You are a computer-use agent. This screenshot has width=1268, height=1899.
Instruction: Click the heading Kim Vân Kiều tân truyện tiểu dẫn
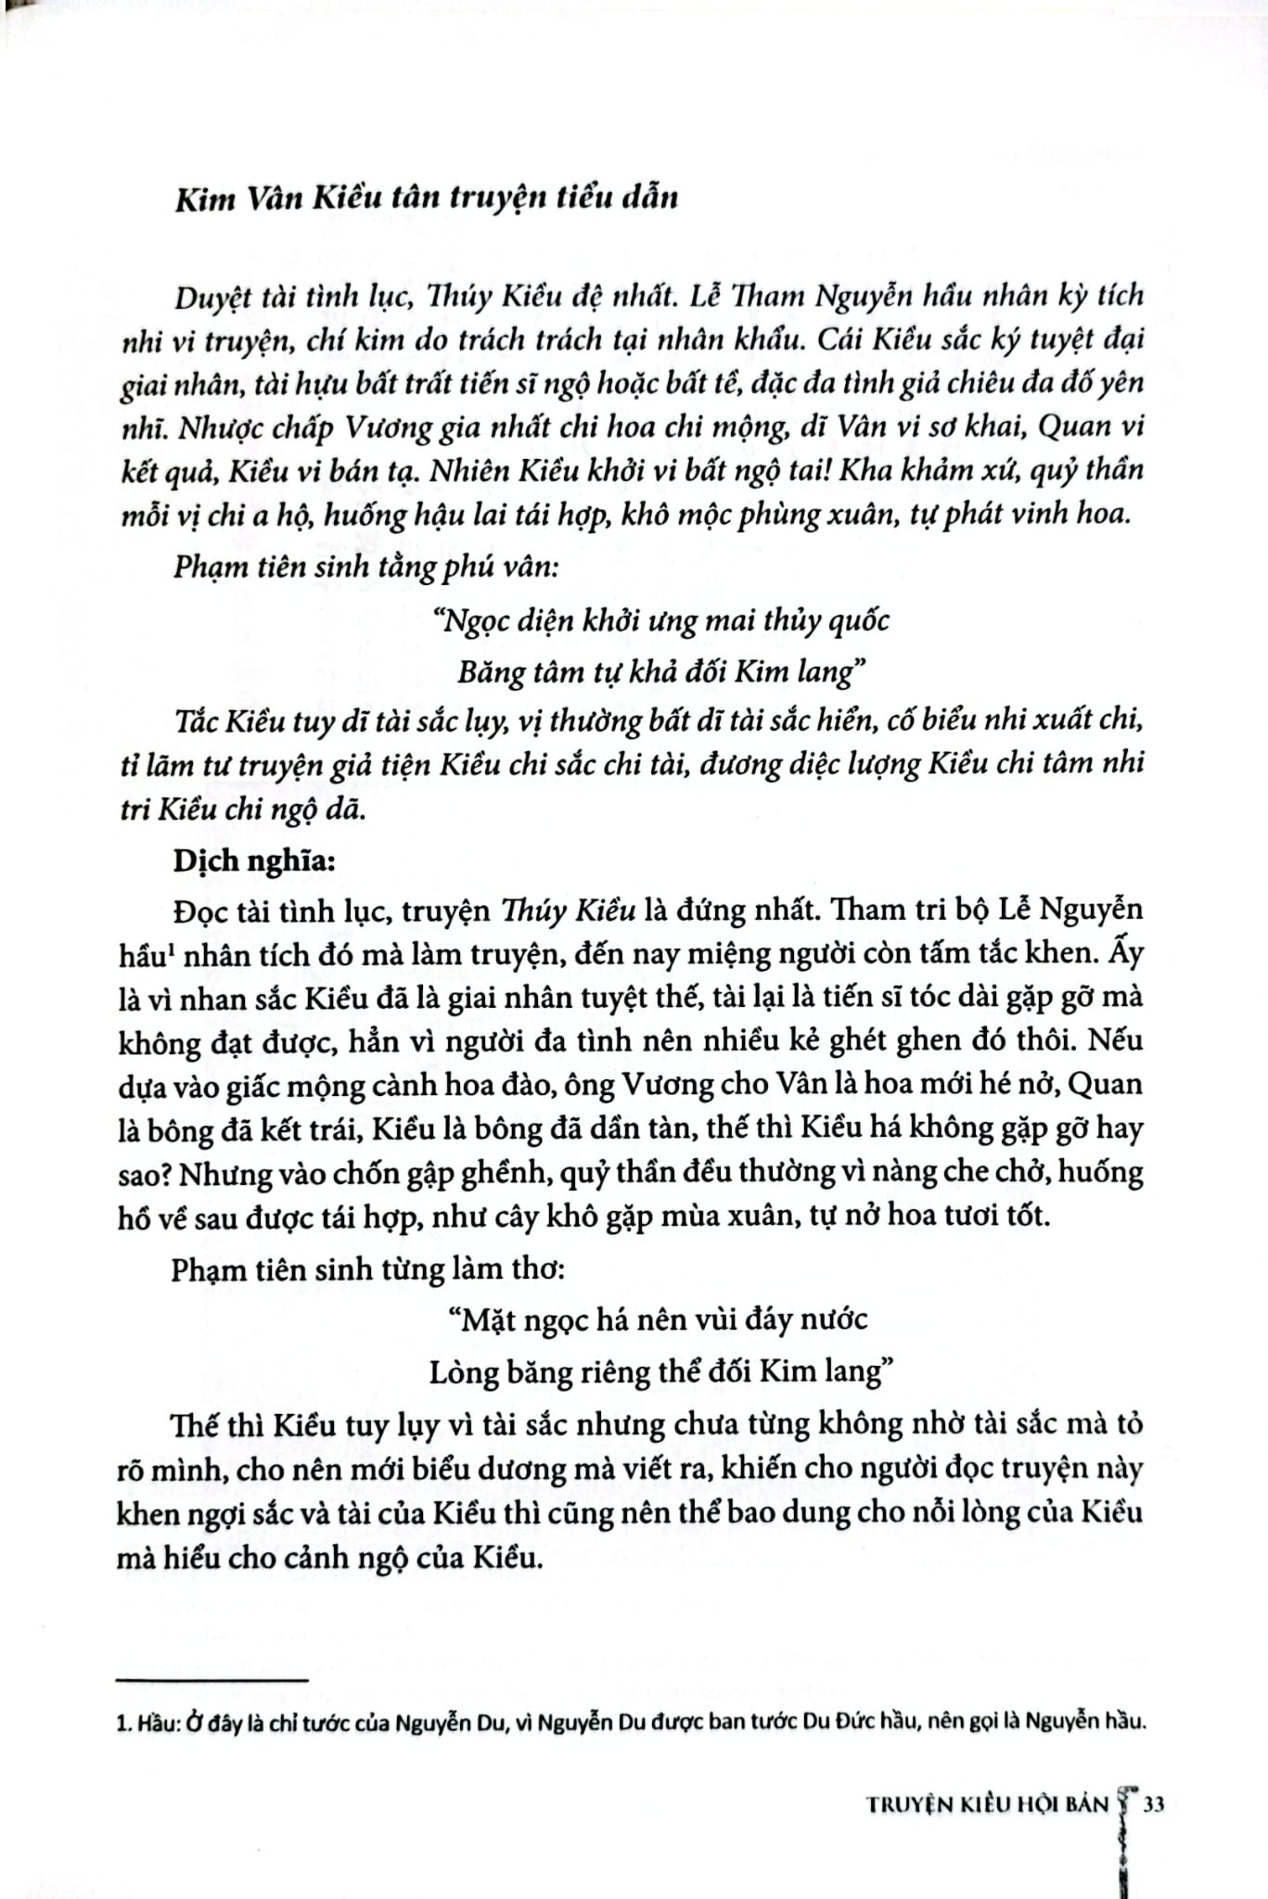(426, 198)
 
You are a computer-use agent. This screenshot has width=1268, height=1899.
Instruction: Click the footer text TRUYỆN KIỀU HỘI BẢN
(987, 1804)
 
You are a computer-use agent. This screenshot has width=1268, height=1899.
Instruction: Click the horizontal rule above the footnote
(212, 1679)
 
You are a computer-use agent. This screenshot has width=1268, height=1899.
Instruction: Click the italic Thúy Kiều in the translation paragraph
(568, 910)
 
